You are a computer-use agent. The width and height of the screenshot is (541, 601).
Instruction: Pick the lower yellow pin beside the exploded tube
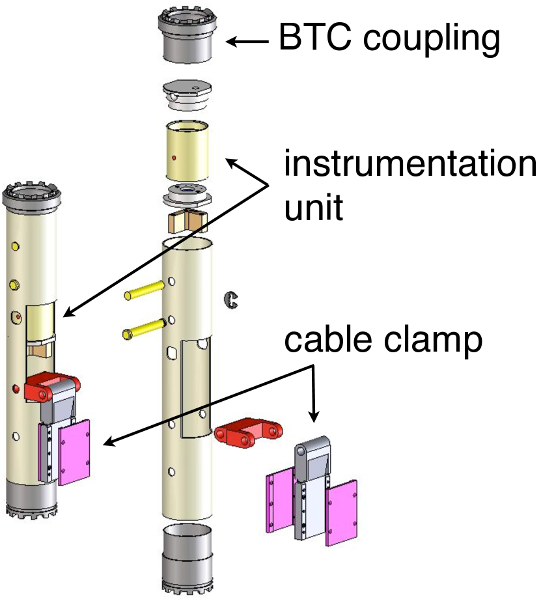pyautogui.click(x=144, y=329)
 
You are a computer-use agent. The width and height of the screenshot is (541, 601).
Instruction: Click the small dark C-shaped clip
pyautogui.click(x=229, y=299)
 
